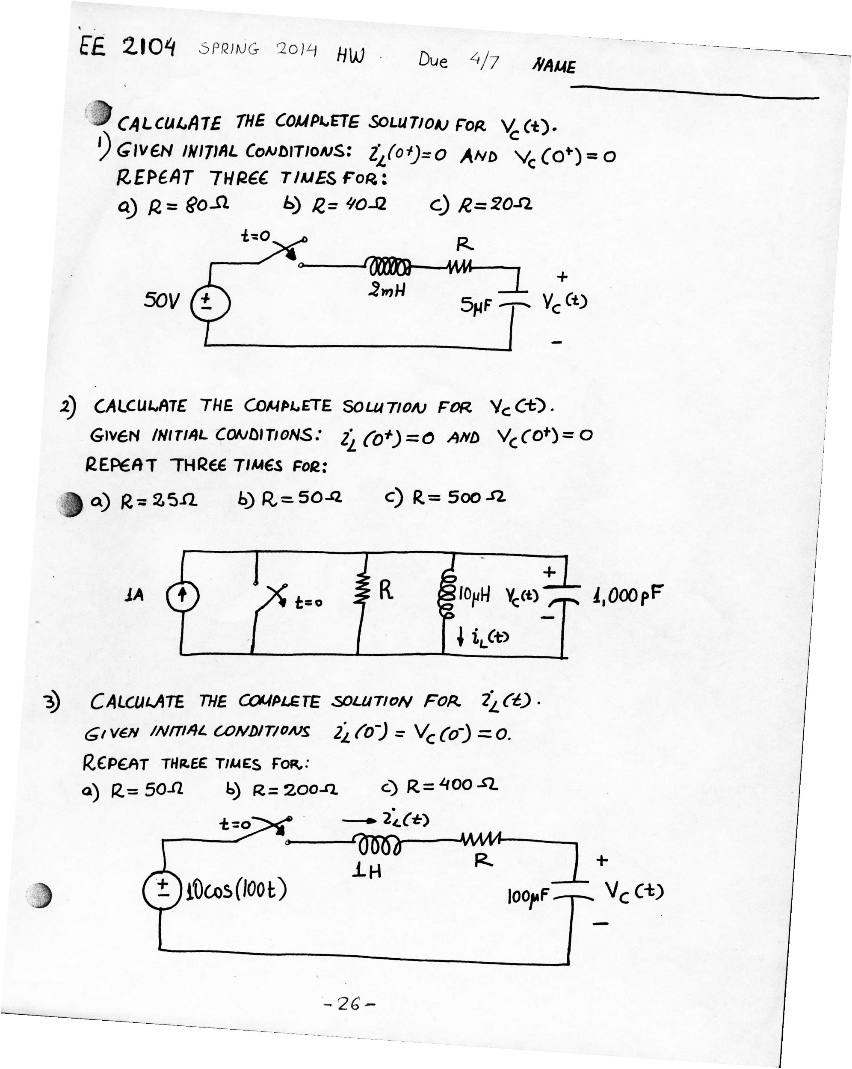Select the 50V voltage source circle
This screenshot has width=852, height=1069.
(x=210, y=302)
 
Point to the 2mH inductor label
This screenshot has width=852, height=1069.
(x=386, y=289)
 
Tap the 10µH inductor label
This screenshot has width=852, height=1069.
(x=474, y=594)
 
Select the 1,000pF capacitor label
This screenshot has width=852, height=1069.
(x=627, y=594)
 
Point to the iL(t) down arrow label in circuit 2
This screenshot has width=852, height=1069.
(x=484, y=637)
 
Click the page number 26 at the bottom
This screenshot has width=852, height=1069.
(x=349, y=1004)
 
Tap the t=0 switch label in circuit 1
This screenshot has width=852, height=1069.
(x=255, y=236)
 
